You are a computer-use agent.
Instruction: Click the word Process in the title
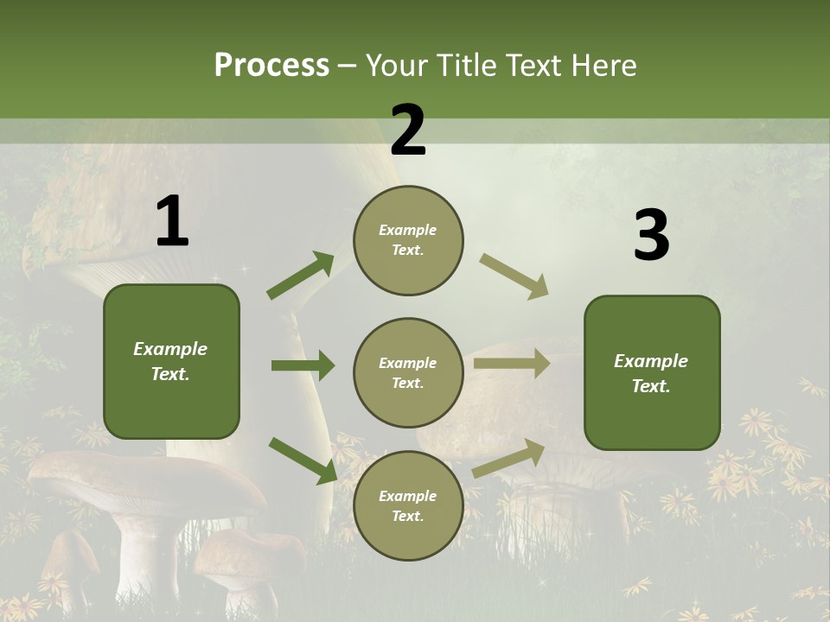(271, 66)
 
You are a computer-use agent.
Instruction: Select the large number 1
(172, 222)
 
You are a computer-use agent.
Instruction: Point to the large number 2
(408, 130)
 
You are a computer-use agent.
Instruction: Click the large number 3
(651, 236)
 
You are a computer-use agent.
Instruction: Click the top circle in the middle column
(408, 240)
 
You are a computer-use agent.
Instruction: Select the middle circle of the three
(408, 372)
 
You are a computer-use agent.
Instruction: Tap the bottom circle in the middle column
(408, 505)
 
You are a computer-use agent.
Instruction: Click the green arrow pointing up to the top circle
(301, 276)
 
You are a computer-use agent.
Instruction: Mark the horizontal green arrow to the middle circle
(303, 365)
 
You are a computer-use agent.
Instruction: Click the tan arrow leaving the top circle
(514, 276)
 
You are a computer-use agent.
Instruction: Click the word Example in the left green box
(170, 349)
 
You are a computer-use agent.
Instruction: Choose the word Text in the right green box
(649, 386)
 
